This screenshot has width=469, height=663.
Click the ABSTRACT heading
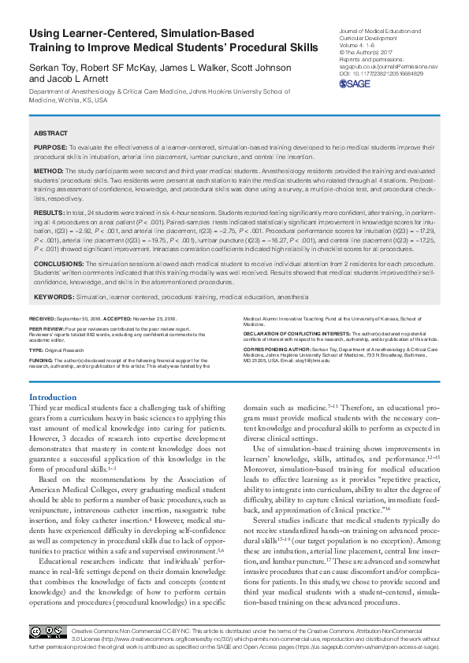[x=50, y=134]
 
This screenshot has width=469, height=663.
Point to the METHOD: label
[x=49, y=169]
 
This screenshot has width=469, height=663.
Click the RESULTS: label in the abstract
[x=50, y=213]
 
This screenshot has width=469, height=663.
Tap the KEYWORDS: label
[x=54, y=297]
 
